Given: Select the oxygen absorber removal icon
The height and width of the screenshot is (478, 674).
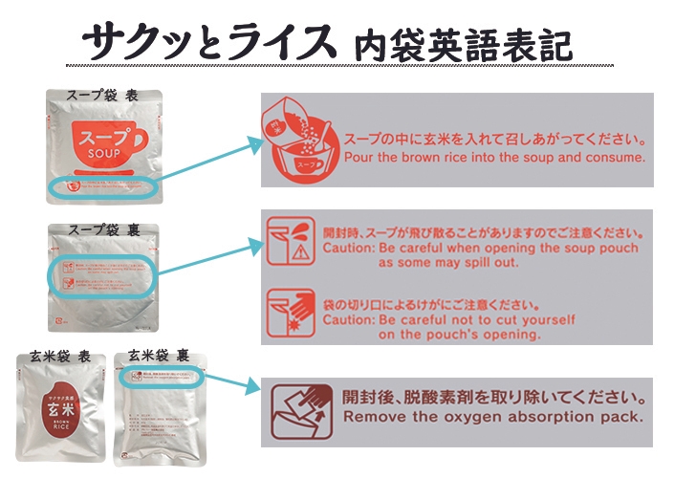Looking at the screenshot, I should [x=298, y=407].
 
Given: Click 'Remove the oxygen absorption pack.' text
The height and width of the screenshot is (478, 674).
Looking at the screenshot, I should [x=492, y=418].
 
